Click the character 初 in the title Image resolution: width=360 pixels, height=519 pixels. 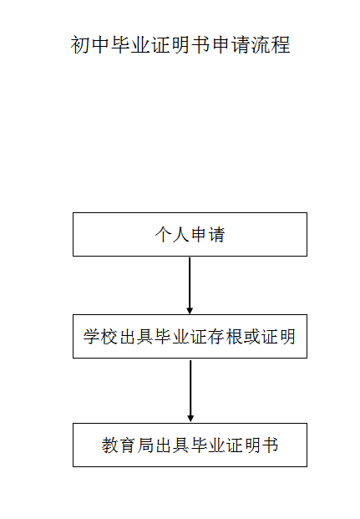(x=80, y=45)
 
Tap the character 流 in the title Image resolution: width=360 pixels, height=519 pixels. (x=260, y=45)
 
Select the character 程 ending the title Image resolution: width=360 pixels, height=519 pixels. (x=281, y=45)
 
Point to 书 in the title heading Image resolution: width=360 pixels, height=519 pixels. (x=200, y=45)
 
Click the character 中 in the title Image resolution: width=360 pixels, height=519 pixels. (x=100, y=45)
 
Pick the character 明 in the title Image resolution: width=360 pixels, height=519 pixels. (x=180, y=45)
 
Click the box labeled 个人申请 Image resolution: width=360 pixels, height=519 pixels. (x=190, y=234)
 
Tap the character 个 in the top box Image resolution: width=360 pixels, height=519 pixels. (x=164, y=235)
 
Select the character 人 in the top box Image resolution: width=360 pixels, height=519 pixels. (x=181, y=235)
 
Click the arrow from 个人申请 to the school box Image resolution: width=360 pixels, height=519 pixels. (x=190, y=286)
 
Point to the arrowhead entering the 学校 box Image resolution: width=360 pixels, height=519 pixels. (x=190, y=310)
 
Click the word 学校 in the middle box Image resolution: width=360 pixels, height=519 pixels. (x=100, y=337)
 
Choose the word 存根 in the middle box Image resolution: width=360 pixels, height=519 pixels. (x=226, y=337)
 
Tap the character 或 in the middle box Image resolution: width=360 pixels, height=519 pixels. (x=251, y=337)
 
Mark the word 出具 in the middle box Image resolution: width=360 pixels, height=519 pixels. (x=136, y=337)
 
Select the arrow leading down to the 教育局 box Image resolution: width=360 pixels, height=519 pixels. (x=190, y=391)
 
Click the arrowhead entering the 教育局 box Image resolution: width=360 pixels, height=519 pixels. (x=190, y=419)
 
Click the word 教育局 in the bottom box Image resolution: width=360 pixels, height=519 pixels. (x=128, y=445)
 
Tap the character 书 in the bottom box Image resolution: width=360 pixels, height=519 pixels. (x=270, y=445)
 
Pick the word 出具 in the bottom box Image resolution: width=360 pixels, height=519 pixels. (x=172, y=445)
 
